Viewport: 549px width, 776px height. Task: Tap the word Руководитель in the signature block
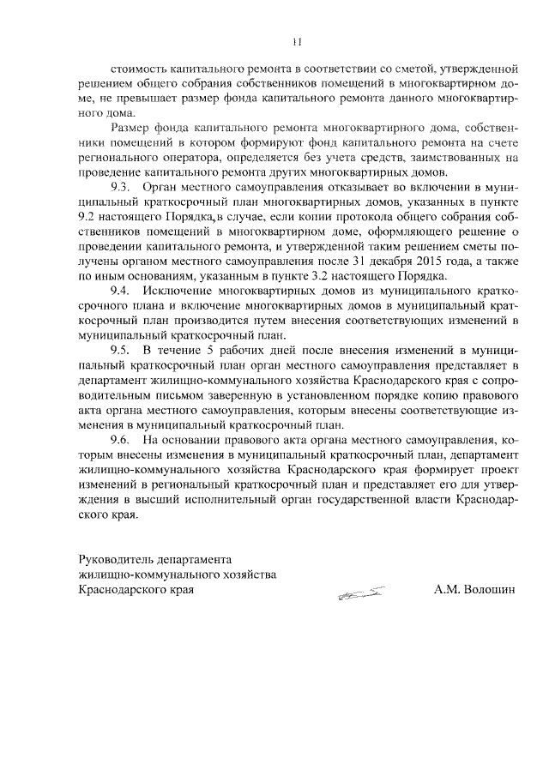click(112, 557)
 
